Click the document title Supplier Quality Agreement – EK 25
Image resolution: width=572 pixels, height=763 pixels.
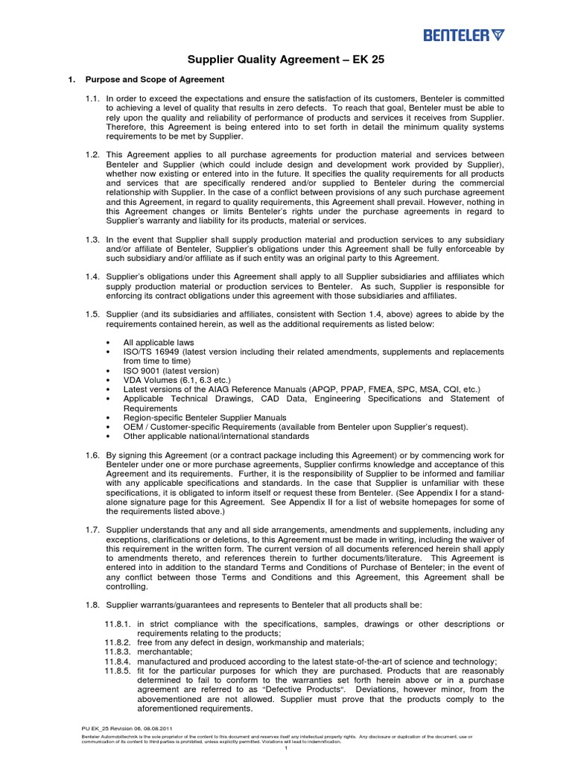click(x=285, y=60)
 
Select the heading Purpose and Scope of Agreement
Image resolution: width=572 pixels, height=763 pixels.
click(x=155, y=80)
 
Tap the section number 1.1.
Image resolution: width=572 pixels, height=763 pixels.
click(x=92, y=98)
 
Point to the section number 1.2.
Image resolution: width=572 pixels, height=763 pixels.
click(x=92, y=153)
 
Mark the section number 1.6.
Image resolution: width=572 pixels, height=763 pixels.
click(x=92, y=455)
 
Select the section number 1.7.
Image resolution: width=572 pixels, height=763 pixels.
click(x=92, y=530)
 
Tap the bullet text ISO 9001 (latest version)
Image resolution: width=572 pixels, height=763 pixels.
click(x=171, y=370)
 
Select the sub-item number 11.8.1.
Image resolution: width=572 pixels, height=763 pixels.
click(x=118, y=624)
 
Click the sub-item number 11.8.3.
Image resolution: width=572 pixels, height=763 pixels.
click(x=118, y=652)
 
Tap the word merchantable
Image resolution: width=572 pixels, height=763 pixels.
click(x=162, y=652)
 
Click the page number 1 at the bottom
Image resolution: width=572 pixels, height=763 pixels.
click(x=286, y=747)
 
